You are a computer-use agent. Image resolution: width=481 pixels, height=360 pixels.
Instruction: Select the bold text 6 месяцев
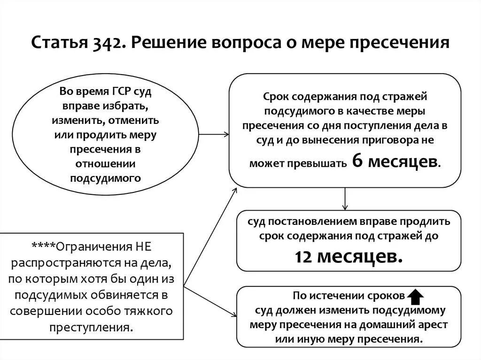point(395,161)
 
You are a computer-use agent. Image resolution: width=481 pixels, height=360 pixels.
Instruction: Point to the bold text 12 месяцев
point(349,256)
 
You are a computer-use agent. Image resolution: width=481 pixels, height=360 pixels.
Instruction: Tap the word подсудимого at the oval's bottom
point(106,178)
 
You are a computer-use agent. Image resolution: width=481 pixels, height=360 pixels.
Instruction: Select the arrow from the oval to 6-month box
point(214,134)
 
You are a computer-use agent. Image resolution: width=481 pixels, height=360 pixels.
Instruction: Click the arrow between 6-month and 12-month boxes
point(345,199)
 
